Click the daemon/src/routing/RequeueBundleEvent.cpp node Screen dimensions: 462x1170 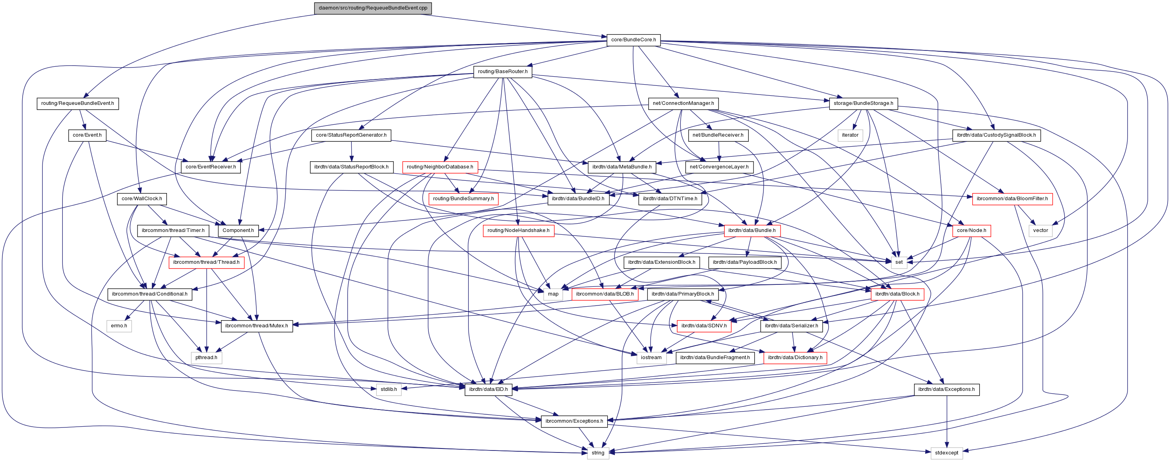click(372, 8)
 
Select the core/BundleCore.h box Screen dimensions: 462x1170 click(633, 40)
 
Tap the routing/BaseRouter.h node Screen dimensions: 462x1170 click(502, 72)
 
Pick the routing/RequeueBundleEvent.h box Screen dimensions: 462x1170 click(77, 103)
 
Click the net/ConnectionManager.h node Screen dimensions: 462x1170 click(683, 103)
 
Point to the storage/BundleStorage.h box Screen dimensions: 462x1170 click(863, 103)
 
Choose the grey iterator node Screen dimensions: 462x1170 click(850, 135)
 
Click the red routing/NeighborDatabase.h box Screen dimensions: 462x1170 click(440, 167)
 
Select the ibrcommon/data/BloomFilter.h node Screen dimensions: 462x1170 click(1012, 199)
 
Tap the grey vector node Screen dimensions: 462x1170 click(1040, 230)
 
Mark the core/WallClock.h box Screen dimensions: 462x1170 click(142, 199)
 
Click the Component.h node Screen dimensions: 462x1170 click(238, 230)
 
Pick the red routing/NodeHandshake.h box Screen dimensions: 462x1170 click(518, 230)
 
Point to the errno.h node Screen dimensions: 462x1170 click(119, 326)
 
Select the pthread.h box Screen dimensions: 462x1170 click(206, 358)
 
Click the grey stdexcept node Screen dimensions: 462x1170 click(947, 453)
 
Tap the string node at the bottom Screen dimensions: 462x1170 click(598, 453)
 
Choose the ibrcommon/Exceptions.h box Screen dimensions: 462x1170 click(574, 421)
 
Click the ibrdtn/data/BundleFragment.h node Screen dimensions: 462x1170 click(715, 358)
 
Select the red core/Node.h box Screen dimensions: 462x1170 click(971, 230)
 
